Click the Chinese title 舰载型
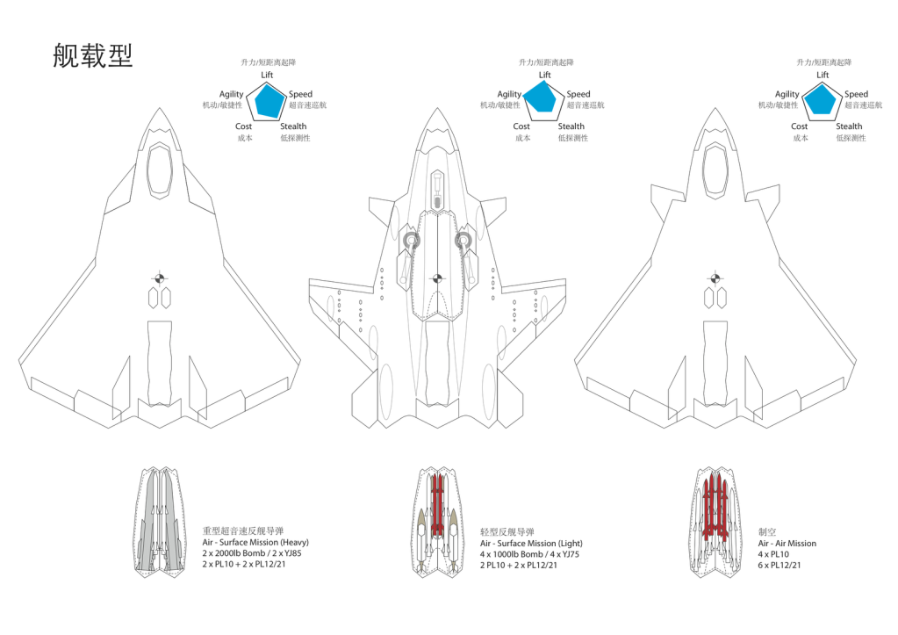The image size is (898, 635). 93,55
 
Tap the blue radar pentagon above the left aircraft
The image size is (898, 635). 268,101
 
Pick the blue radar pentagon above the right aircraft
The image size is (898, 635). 821,100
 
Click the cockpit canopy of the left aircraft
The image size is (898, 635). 160,170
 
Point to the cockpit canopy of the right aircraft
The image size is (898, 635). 715,170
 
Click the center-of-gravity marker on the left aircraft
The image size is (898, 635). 160,279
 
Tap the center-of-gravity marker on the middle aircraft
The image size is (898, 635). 437,279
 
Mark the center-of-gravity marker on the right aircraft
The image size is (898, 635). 715,279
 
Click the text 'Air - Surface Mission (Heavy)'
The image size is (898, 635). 255,542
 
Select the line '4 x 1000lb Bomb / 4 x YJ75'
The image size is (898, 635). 529,554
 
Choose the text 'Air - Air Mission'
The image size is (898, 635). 787,544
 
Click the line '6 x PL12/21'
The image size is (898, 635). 779,565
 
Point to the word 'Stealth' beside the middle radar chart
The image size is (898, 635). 571,126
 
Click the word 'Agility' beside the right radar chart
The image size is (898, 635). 787,94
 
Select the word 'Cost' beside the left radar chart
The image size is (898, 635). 243,126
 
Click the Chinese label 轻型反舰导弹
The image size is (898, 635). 506,532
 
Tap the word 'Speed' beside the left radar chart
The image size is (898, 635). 301,94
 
